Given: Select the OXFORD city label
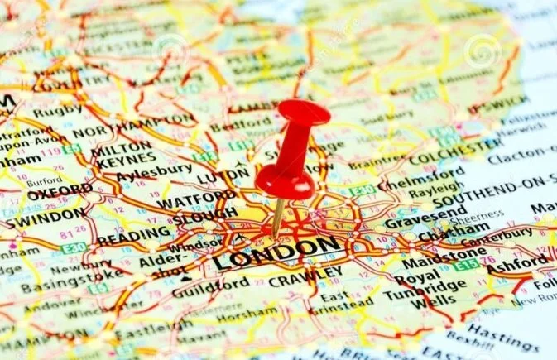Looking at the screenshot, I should pos(60,190).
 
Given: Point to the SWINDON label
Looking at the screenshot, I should pos(45,215).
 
